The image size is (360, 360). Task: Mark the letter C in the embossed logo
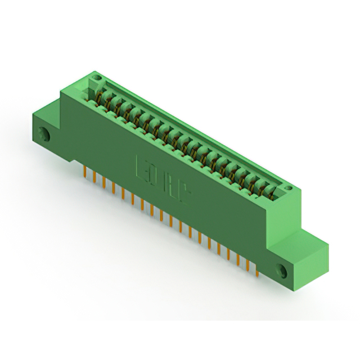pos(185,193)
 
